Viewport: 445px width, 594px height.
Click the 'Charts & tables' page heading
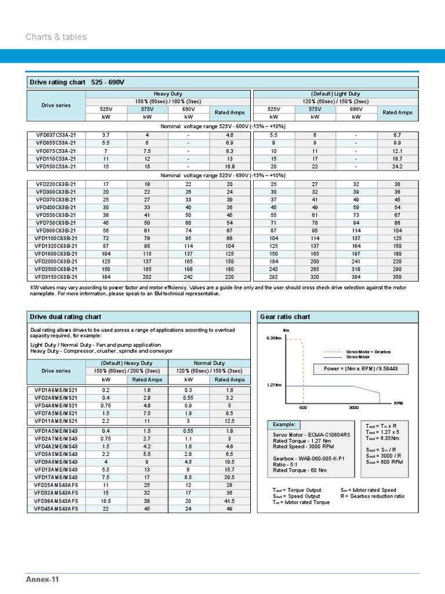point(56,37)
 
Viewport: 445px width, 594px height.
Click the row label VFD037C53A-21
point(56,135)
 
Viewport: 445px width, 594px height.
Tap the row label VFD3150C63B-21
point(56,277)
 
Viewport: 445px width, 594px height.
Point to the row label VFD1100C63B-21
point(56,238)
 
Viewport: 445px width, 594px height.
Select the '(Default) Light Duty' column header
point(335,93)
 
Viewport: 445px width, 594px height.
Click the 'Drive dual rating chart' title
point(65,317)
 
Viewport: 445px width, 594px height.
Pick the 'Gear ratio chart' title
point(285,317)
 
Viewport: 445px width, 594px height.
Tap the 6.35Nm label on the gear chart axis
point(273,338)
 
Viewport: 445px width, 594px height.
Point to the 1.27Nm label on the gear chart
point(274,385)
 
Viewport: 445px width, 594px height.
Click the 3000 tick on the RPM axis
point(353,408)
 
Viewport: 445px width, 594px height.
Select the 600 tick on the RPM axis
point(303,408)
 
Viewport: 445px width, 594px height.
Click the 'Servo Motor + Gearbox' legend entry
point(369,352)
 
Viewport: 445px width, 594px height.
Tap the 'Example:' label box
point(283,425)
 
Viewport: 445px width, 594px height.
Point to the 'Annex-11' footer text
point(42,579)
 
